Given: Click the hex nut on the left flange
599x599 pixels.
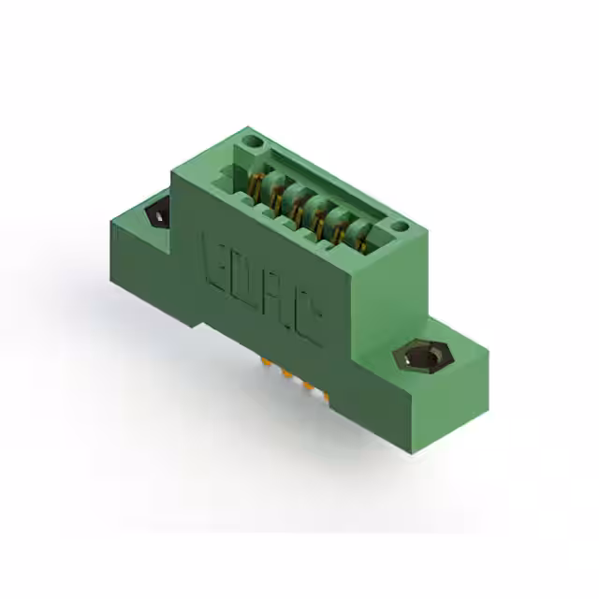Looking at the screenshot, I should coord(156,214).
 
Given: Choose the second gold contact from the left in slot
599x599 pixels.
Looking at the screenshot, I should coord(276,192).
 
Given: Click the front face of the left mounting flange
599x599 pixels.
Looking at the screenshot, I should coord(150,271).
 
